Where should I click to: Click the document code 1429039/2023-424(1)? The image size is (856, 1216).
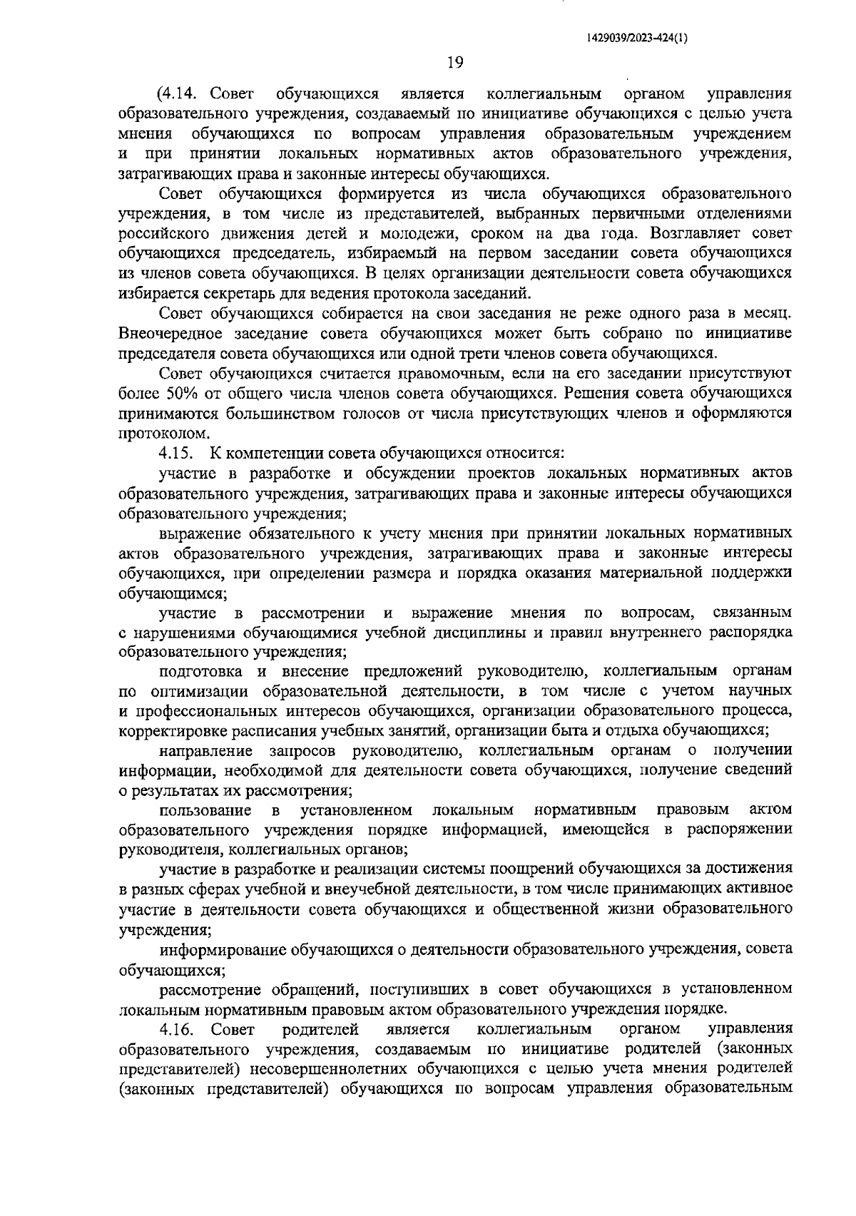tap(636, 40)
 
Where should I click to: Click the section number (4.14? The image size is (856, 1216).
tap(180, 93)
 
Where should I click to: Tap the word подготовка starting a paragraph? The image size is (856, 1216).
tap(202, 671)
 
